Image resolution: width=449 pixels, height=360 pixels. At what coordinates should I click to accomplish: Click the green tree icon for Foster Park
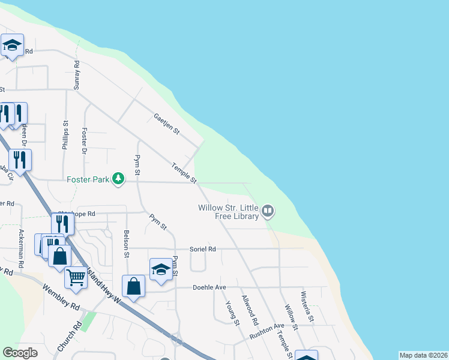coord(119,179)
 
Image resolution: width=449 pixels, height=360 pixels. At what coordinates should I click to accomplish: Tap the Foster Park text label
coord(89,179)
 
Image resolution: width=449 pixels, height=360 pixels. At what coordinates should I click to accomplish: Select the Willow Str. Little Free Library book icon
coord(268,211)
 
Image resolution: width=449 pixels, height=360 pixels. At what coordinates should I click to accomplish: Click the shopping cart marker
coord(76,278)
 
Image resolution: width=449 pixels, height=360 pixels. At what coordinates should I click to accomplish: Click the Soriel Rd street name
coord(203,248)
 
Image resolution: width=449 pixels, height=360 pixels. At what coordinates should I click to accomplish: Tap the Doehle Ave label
coord(209,287)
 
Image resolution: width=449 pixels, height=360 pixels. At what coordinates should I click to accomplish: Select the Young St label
coord(232,313)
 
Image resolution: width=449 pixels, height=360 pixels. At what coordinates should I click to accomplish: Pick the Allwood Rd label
coord(249,307)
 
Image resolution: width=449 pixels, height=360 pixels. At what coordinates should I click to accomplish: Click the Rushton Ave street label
coord(267,329)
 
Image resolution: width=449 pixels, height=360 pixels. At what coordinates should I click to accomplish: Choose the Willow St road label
coord(291,316)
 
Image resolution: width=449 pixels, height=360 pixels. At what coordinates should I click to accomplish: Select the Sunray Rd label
coord(76,75)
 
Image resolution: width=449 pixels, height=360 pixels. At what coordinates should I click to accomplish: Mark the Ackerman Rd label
coord(22,248)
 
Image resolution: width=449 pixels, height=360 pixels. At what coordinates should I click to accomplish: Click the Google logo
coord(20,353)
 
